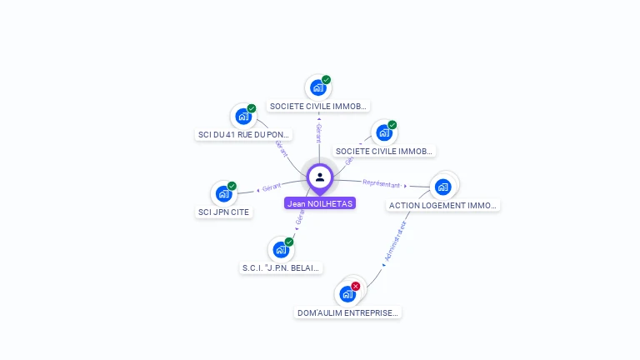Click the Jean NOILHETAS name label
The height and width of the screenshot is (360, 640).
click(x=320, y=203)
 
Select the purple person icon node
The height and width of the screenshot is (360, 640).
click(x=320, y=177)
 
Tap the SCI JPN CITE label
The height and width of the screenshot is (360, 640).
click(x=223, y=212)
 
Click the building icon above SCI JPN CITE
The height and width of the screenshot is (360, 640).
click(x=223, y=194)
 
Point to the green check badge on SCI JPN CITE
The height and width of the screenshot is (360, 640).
click(x=232, y=186)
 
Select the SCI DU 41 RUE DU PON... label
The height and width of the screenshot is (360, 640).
click(x=243, y=134)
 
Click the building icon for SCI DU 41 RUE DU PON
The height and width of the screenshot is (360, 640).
click(x=242, y=117)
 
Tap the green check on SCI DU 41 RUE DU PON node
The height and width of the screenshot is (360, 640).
click(x=251, y=108)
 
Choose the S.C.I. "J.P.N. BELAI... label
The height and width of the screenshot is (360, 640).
click(x=281, y=268)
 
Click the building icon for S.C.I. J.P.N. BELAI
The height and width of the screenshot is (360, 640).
click(x=281, y=250)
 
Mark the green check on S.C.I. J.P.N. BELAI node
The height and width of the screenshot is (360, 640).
click(x=289, y=242)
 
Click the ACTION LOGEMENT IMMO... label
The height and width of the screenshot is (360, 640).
click(x=442, y=205)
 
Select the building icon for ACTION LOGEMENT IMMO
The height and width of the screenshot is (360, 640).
click(x=442, y=186)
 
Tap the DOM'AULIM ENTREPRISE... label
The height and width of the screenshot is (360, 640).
click(x=348, y=312)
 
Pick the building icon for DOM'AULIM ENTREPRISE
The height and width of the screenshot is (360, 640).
click(x=347, y=294)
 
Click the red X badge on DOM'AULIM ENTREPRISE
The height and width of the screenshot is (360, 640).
click(x=356, y=286)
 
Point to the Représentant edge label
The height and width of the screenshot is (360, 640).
click(x=382, y=183)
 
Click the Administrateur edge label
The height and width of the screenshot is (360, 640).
click(x=395, y=242)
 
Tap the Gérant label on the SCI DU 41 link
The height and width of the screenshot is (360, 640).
click(x=282, y=147)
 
